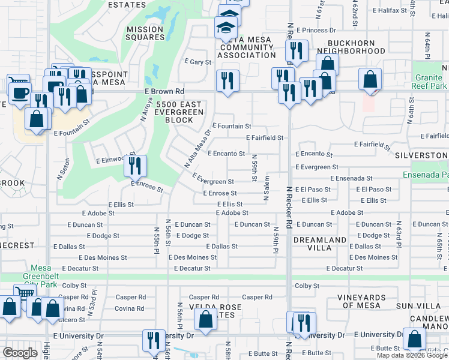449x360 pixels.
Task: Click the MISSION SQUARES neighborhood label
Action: [145, 32]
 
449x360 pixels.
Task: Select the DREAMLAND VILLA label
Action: [320, 244]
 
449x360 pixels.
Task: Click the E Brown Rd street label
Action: [164, 91]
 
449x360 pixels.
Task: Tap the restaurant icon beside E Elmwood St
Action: [135, 165]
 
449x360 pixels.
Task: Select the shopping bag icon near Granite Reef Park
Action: [370, 80]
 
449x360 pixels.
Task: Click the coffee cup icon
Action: [19, 91]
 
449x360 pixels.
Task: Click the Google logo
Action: [20, 353]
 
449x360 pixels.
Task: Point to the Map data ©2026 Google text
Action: [411, 355]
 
